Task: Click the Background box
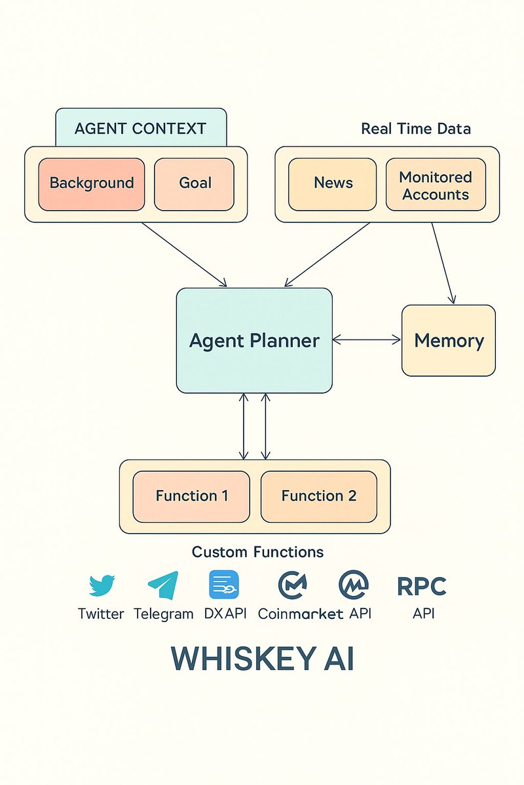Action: (92, 184)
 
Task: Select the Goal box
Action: (195, 184)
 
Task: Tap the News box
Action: (333, 184)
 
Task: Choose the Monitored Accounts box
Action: (436, 185)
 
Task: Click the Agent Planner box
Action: (254, 340)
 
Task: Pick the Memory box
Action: (449, 340)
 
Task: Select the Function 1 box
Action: (191, 496)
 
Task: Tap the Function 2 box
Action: (319, 496)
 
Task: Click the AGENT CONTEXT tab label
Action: (141, 128)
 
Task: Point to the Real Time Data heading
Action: (415, 129)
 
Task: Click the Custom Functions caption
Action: (257, 552)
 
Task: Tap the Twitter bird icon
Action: (101, 585)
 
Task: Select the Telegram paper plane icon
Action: (163, 585)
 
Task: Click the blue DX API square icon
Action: (224, 585)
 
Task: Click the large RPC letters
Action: (422, 586)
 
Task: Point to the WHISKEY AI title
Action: (262, 659)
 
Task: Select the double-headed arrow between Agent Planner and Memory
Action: (367, 340)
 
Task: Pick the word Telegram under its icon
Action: (164, 614)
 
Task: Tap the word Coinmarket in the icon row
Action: (301, 614)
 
